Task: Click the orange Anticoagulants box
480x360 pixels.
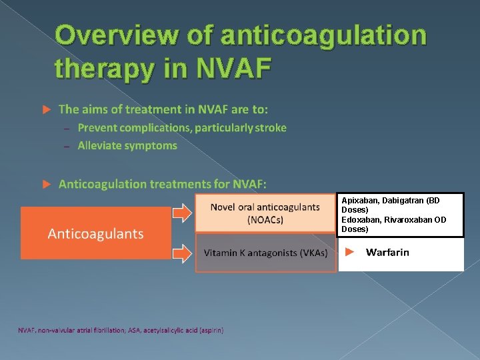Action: point(95,233)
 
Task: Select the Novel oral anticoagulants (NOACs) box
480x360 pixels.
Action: point(265,213)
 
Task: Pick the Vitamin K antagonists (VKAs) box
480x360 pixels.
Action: point(265,253)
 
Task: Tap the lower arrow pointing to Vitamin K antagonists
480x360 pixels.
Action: point(182,253)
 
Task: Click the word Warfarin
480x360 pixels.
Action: point(387,253)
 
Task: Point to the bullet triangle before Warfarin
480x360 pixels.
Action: point(350,253)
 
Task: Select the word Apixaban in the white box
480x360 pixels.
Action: point(358,201)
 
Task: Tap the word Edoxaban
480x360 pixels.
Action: point(359,220)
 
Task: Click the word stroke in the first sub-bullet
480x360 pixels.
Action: point(271,128)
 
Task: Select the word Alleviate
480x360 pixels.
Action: point(99,145)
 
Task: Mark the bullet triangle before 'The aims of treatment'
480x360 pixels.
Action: point(46,109)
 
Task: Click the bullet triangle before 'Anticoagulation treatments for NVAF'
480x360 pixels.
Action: point(46,183)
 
